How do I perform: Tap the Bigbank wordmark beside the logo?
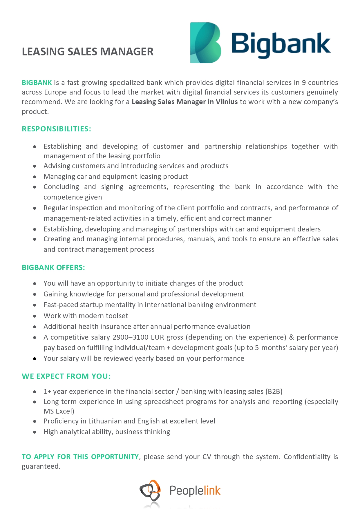tap(281, 45)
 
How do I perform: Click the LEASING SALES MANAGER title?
tap(88, 52)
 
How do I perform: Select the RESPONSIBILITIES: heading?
tap(57, 129)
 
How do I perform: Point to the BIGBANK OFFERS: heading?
tap(53, 267)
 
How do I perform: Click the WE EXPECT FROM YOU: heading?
tap(66, 376)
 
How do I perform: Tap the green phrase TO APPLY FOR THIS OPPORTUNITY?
tap(80, 457)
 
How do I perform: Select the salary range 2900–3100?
tap(130, 337)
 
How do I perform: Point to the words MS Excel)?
tap(59, 411)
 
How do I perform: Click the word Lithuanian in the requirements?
tap(106, 421)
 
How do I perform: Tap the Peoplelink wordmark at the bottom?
tap(195, 490)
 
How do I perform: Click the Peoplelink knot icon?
tap(150, 490)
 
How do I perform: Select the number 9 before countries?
tap(304, 83)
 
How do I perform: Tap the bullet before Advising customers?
tap(35, 166)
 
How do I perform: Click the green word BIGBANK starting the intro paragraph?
tap(37, 83)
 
